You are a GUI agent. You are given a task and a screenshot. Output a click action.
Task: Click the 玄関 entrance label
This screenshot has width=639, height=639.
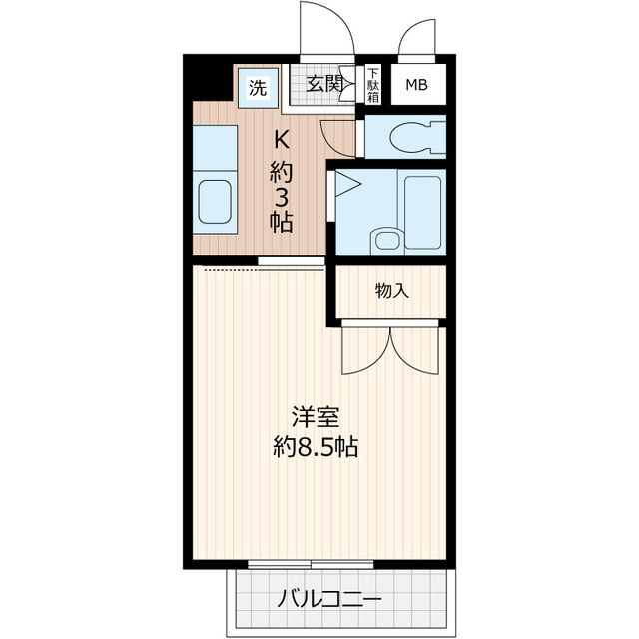pos(322,84)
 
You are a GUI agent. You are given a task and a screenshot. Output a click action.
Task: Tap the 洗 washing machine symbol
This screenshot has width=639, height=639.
pos(259,85)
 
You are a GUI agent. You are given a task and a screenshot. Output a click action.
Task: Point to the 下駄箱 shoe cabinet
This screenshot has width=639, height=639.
pos(373,83)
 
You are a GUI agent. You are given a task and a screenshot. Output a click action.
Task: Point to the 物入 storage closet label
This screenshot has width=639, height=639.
pos(391,290)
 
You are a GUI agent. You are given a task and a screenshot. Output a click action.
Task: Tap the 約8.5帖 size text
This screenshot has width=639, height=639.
pos(317,446)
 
